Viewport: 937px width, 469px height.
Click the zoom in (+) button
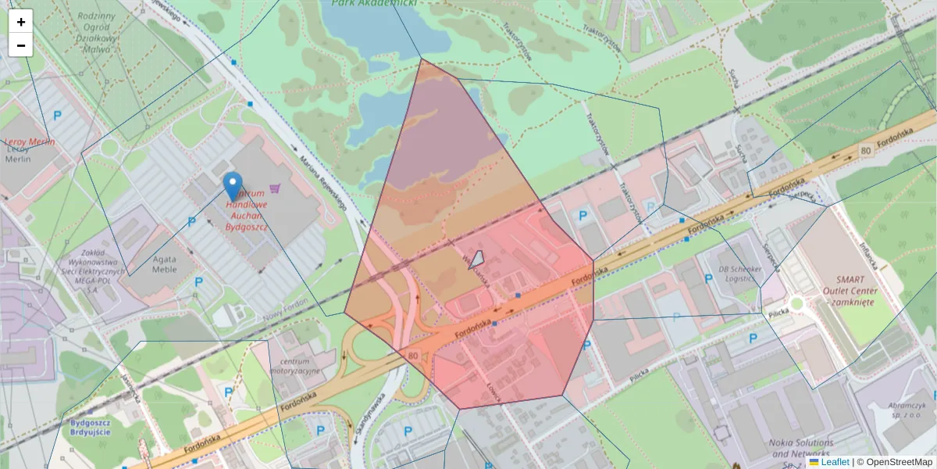pyautogui.click(x=21, y=22)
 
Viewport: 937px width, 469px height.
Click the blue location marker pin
pyautogui.click(x=232, y=186)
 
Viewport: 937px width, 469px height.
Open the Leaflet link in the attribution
pyautogui.click(x=835, y=462)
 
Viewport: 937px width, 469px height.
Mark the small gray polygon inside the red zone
pyautogui.click(x=476, y=260)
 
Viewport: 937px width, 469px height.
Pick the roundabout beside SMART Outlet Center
pyautogui.click(x=796, y=303)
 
